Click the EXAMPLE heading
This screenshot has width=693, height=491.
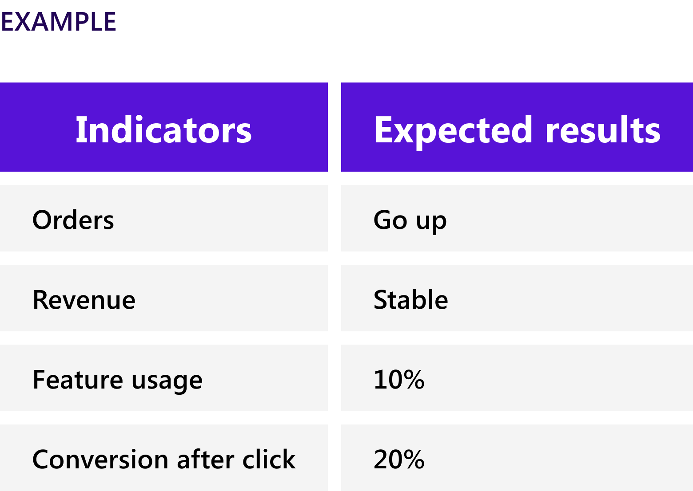click(59, 22)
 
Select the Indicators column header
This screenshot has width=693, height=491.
click(163, 130)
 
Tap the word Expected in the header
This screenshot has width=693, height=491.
click(453, 132)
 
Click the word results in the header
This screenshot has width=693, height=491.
click(603, 130)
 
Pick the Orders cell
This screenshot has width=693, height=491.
click(73, 220)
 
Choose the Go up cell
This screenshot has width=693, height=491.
click(410, 221)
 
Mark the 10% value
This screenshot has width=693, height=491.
click(399, 379)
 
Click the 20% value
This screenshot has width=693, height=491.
click(399, 459)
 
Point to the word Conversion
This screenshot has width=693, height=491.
click(100, 459)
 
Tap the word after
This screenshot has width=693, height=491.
click(205, 459)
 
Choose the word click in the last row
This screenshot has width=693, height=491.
click(269, 459)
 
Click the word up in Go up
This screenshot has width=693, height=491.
click(431, 224)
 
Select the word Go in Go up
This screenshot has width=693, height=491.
click(390, 220)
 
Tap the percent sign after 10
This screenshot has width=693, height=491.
click(413, 379)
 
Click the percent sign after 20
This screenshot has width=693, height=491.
click(413, 459)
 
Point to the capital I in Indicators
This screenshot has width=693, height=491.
click(79, 130)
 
